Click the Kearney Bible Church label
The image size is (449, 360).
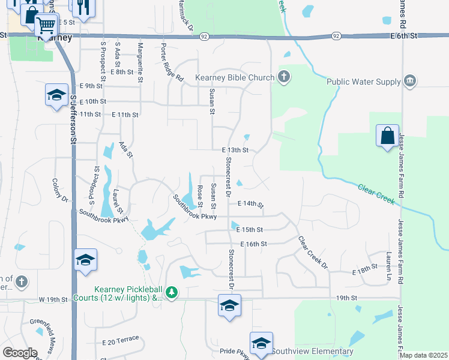tap(235, 78)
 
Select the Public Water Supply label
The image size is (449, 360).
tap(364, 82)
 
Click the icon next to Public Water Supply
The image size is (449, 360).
tap(410, 81)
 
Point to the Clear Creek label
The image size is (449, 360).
tap(376, 194)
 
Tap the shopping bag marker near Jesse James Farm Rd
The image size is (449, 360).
tap(387, 136)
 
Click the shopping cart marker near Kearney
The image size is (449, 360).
tap(46, 25)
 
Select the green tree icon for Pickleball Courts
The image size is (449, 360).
tap(172, 292)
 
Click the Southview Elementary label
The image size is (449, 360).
tap(312, 351)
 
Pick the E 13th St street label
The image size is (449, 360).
tap(235, 150)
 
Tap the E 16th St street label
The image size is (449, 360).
tap(253, 244)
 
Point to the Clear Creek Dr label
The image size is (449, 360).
tap(313, 251)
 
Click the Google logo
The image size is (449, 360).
tap(20, 353)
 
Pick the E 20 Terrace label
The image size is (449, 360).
tap(121, 341)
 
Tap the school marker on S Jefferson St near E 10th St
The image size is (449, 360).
tap(56, 95)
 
